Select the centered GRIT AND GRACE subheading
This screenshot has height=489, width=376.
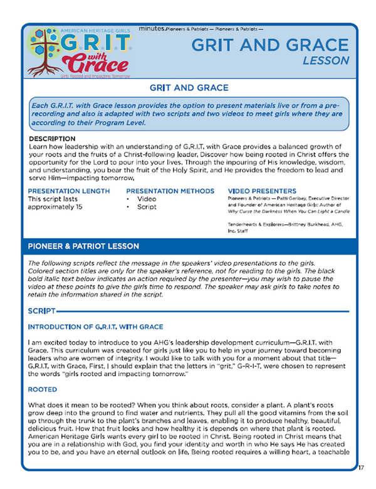(188, 87)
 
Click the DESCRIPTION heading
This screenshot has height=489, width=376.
(52, 139)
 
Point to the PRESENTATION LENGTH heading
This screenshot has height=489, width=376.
(69, 191)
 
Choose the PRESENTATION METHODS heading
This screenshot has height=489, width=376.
(169, 191)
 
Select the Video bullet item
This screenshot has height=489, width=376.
(147, 200)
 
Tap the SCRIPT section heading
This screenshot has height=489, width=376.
(41, 310)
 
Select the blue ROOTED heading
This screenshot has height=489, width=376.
(43, 389)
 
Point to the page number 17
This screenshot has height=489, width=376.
(362, 468)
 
